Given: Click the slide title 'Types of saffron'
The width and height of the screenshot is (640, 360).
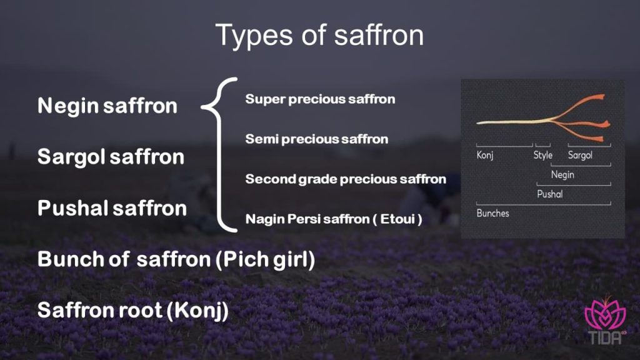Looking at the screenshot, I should tap(319, 35).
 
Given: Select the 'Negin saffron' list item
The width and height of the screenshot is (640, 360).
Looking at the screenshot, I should tap(107, 106).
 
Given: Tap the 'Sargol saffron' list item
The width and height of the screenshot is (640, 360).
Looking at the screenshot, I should tap(111, 156).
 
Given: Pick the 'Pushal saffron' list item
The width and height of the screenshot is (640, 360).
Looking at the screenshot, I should tap(112, 207).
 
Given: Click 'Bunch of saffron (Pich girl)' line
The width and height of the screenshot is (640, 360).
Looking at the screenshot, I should tap(176, 259).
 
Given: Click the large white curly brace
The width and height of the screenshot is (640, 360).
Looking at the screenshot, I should tap(220, 155).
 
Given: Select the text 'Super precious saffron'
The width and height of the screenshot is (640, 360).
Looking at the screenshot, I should tap(320, 99).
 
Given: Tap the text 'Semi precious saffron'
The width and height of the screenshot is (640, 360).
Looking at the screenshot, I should tap(316, 139).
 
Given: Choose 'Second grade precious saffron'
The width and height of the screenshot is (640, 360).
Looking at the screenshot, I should tap(346, 179).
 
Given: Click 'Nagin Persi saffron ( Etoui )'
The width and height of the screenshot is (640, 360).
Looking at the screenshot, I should tap(334, 219).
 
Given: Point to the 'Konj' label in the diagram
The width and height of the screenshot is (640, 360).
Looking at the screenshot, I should tap(485, 155).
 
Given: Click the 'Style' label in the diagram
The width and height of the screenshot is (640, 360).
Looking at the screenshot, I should tap(542, 155).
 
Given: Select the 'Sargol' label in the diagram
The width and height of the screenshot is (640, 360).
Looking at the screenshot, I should tap(579, 155).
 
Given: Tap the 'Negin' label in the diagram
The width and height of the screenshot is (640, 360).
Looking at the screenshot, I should tap(562, 174).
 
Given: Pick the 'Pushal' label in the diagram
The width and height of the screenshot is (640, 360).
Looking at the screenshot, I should tap(550, 194).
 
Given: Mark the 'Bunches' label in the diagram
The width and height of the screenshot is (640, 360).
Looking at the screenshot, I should tap(492, 213).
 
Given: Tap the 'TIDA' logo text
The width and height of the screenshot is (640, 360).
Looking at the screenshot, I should tap(603, 338).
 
